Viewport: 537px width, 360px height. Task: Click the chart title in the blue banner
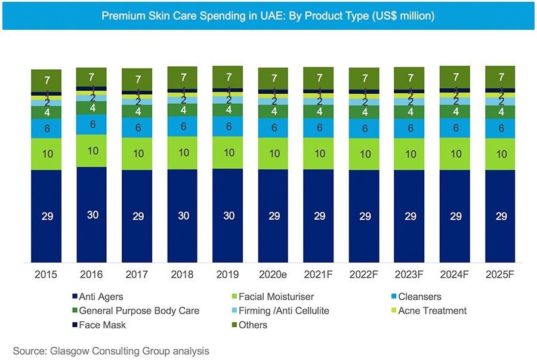pyautogui.click(x=268, y=16)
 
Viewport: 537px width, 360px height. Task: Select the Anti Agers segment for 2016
pyautogui.click(x=92, y=214)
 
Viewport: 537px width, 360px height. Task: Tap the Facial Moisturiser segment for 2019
pyautogui.click(x=229, y=152)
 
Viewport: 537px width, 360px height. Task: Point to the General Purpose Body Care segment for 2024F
pyautogui.click(x=456, y=111)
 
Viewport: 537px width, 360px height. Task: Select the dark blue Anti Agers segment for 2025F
pyautogui.click(x=501, y=216)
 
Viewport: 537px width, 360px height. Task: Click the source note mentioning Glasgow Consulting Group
pyautogui.click(x=111, y=351)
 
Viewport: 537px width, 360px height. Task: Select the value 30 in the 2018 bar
pyautogui.click(x=183, y=216)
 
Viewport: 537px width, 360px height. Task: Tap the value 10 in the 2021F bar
pyautogui.click(x=319, y=153)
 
